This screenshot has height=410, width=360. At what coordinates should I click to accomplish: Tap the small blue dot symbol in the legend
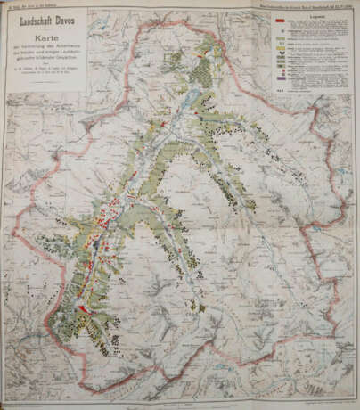pos(283,31)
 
